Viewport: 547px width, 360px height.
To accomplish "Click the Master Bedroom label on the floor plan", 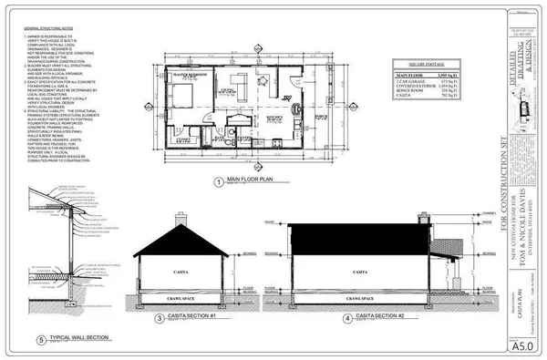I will (188, 75).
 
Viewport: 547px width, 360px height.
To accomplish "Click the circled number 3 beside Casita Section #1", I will (159, 318).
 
